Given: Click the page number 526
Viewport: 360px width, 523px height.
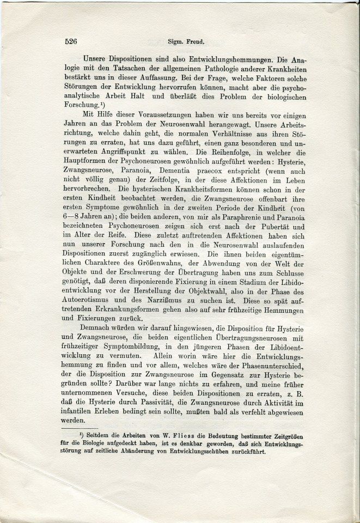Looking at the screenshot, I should [x=72, y=40].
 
